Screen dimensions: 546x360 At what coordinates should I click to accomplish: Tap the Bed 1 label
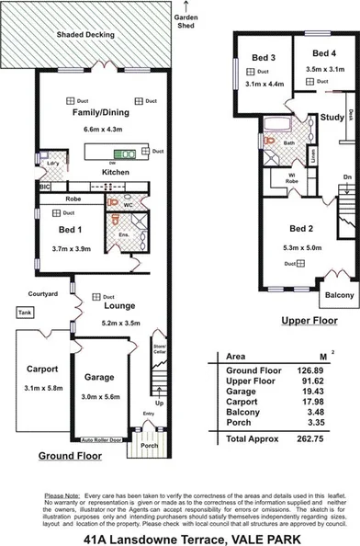click(x=69, y=234)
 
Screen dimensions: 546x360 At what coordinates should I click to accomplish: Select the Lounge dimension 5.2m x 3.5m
click(x=118, y=324)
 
